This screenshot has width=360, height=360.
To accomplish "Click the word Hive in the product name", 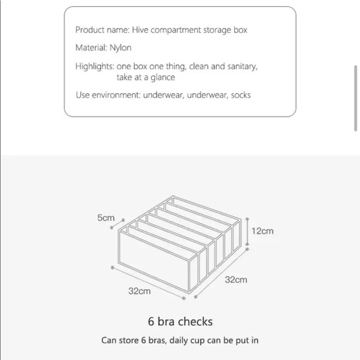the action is [x=140, y=30].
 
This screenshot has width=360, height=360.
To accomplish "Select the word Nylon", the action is [x=120, y=48].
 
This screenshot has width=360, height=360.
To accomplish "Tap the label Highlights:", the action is [x=94, y=66].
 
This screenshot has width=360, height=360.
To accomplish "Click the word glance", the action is [x=163, y=78].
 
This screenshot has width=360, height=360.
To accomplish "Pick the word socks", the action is [x=241, y=95].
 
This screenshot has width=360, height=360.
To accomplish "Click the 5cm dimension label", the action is [x=106, y=218].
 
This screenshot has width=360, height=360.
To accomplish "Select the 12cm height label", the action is [x=263, y=231].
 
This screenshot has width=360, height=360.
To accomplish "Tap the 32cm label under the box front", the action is [x=140, y=291].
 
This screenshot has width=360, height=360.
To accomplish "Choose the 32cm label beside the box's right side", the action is [x=236, y=280].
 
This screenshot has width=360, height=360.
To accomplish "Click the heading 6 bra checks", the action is [x=180, y=322].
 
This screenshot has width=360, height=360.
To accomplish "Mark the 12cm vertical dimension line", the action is [x=247, y=232].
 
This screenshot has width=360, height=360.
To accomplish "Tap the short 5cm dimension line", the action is [x=117, y=224].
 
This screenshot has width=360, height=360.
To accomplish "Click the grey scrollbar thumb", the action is [x=356, y=98].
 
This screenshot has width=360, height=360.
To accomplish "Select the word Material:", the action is [x=91, y=48].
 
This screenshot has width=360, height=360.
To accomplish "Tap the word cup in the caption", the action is [x=197, y=341].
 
